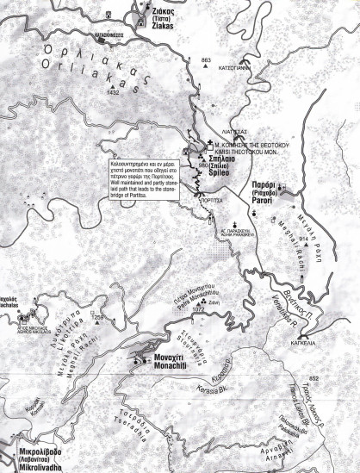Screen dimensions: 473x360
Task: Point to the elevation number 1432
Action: (x=111, y=91)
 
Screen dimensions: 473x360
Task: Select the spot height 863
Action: (x=206, y=59)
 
